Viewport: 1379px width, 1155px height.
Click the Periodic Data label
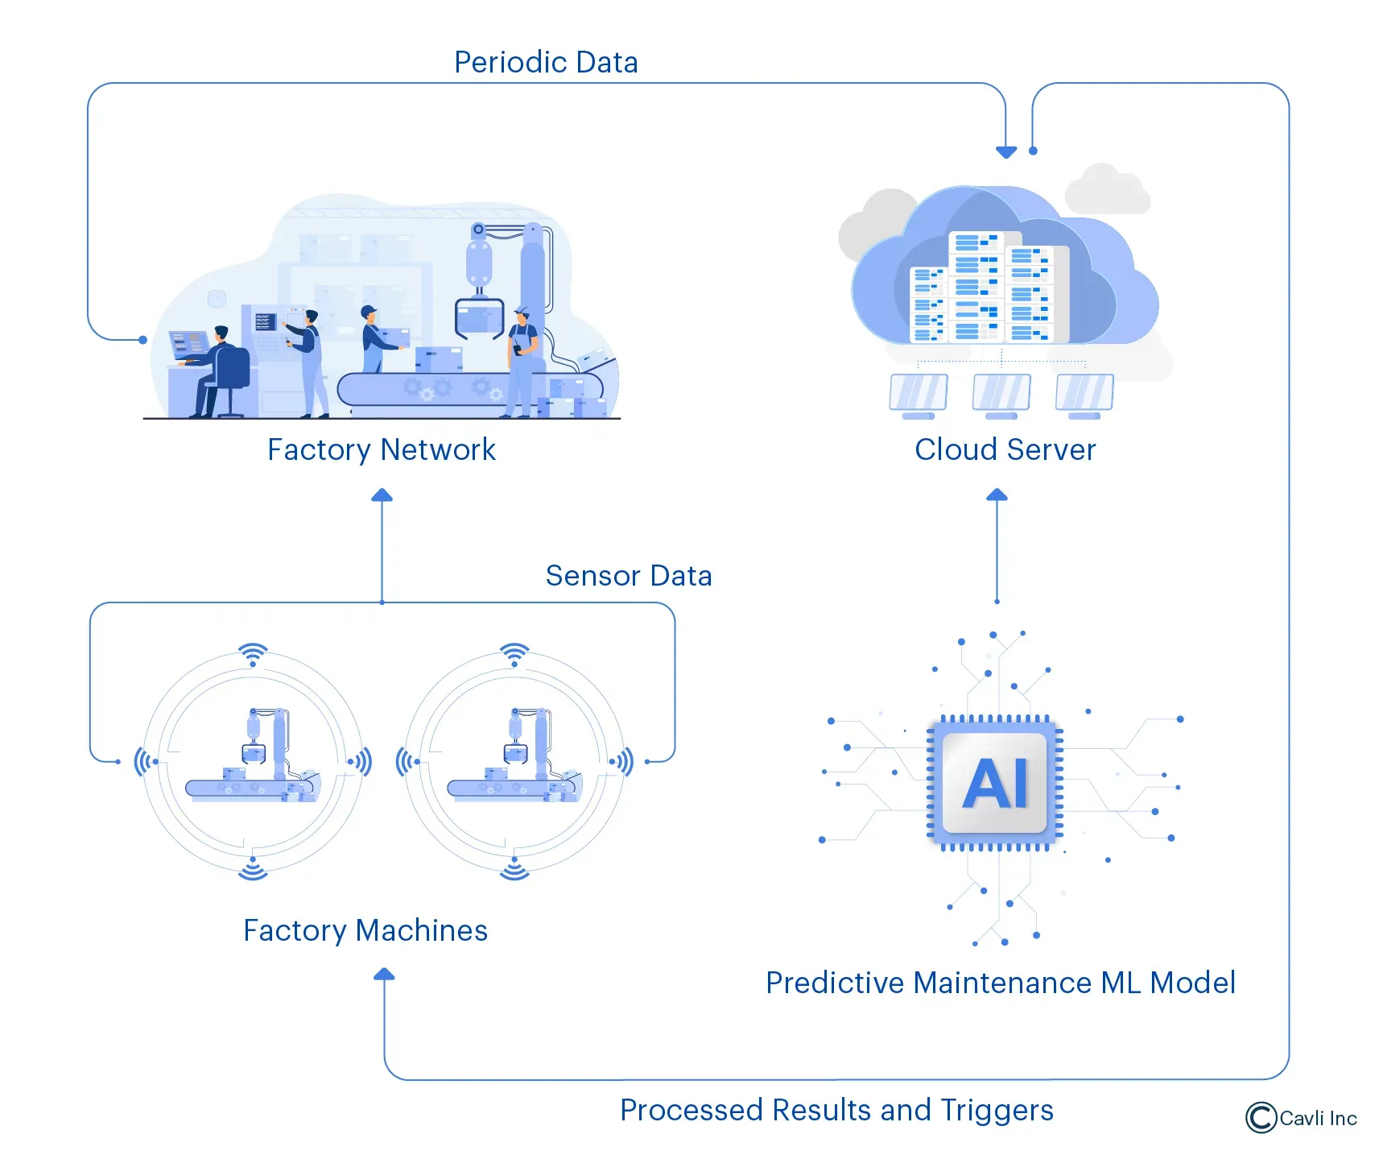coord(546,62)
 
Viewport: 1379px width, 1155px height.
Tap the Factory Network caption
coord(381,449)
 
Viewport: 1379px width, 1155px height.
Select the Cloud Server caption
coord(1005,449)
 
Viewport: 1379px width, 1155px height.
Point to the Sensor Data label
coord(628,576)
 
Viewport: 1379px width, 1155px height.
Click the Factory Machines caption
coord(365,930)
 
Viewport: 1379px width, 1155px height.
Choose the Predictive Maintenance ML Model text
coord(1000,983)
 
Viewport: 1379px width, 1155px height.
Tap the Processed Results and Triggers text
coord(836,1110)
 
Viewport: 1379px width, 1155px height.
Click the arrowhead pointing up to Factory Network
coord(382,495)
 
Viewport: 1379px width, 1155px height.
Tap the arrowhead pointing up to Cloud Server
coord(997,495)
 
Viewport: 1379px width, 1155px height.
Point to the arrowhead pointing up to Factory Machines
coord(384,975)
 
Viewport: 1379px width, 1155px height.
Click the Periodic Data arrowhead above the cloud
coord(1005,151)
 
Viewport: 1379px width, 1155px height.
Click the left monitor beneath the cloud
coord(919,394)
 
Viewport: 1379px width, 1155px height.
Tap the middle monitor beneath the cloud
coord(1001,394)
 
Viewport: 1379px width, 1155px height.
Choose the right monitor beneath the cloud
coord(1084,394)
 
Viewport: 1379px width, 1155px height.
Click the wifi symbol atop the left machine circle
coord(253,653)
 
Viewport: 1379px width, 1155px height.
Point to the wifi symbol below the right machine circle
coord(514,870)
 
